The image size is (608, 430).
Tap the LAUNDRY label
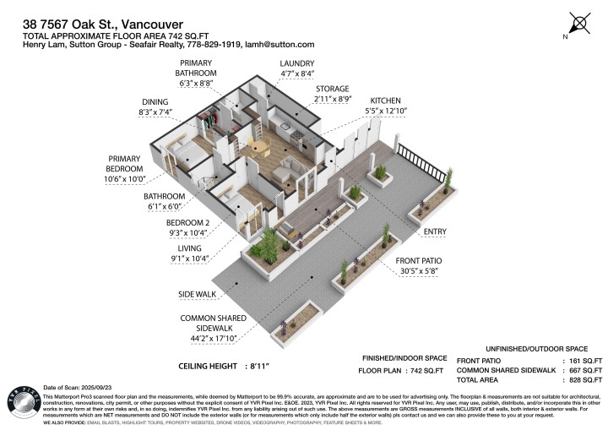(x=296, y=63)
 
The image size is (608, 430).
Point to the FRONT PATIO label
(x=421, y=260)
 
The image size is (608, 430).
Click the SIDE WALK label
(x=198, y=295)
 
